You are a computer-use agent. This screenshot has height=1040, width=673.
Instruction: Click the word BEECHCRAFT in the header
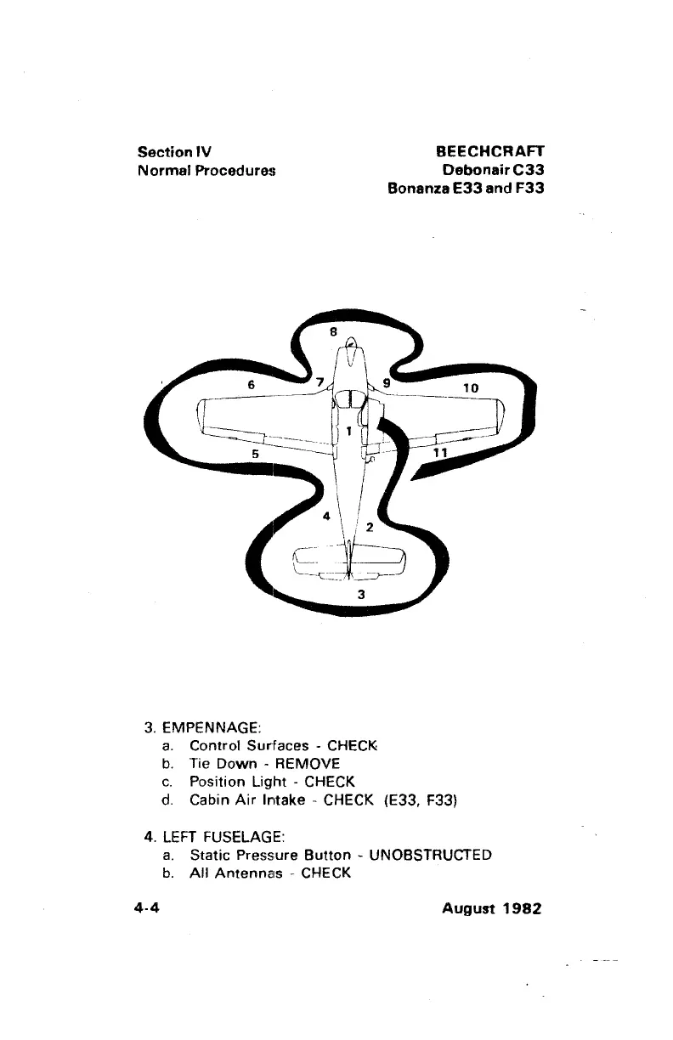tap(489, 152)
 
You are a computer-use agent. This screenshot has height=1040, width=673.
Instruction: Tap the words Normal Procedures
tap(207, 170)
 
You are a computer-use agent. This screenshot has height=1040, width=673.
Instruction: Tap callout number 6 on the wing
tap(252, 384)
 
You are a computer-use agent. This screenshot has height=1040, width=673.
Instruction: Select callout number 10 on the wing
tap(472, 388)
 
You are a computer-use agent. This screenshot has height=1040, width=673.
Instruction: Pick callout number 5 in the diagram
tap(254, 455)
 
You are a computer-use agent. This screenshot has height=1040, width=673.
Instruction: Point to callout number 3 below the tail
tap(361, 594)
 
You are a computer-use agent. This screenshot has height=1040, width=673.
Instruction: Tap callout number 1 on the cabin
tap(349, 431)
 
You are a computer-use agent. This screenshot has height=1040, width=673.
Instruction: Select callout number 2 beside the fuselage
tap(369, 527)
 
